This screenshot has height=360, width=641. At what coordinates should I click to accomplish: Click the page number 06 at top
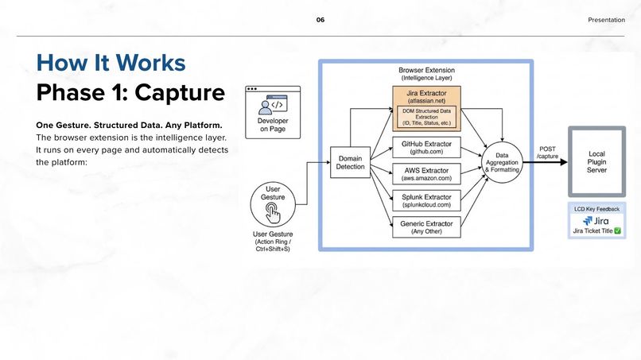coord(320,19)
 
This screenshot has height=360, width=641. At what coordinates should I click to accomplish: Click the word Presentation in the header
coord(606,19)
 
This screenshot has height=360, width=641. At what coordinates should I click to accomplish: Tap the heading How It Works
coord(111,63)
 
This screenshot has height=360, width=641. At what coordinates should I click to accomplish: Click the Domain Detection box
coord(350,162)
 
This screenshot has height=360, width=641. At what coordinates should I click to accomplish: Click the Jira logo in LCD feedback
coord(596,220)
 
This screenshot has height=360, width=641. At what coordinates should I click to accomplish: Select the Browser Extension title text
coord(426,70)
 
